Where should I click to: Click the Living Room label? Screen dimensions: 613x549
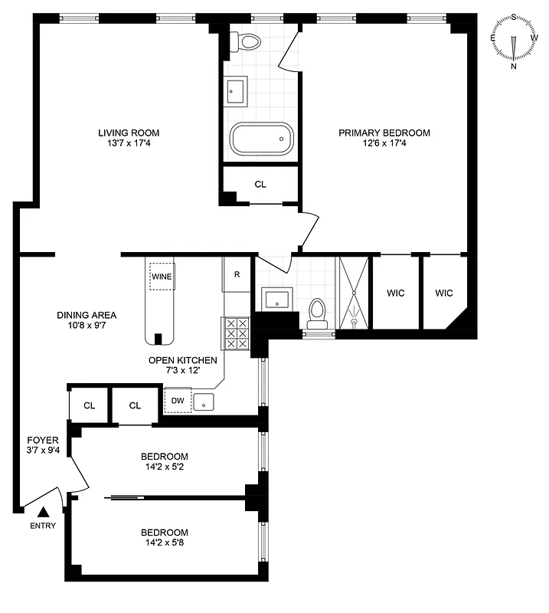coord(129,133)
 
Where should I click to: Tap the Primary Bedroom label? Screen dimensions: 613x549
coord(384,133)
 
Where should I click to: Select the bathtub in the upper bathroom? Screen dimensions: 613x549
coord(262,139)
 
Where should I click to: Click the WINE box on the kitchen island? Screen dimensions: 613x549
coord(162,276)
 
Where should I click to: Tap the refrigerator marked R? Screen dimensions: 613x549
coord(237,274)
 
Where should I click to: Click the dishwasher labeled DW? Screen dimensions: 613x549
coord(177,399)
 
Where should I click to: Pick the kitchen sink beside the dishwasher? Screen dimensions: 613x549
coord(204,401)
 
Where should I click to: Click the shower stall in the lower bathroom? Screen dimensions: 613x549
coord(353,293)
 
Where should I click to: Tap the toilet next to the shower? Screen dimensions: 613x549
coord(318,312)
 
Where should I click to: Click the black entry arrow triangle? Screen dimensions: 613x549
coord(44,512)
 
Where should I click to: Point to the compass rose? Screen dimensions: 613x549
coord(514,43)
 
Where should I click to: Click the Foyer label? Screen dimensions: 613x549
coord(43,440)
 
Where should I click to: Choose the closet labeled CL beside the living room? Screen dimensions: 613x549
coord(260,184)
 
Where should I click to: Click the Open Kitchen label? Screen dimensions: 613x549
coord(183,360)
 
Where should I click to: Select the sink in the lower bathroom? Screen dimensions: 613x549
coord(275,298)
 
